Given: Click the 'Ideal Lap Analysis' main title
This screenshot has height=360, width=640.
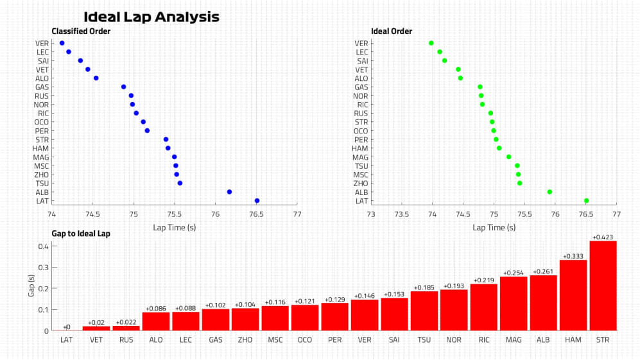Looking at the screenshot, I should [x=151, y=17].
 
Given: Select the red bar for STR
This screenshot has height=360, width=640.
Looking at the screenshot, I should [x=603, y=286].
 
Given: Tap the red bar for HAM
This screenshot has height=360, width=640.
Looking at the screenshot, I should [x=573, y=295].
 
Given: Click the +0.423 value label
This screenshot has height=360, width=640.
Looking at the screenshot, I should [x=603, y=237].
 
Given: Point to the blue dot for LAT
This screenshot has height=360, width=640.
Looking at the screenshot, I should [x=257, y=201].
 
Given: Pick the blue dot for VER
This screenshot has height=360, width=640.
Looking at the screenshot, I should [x=62, y=43].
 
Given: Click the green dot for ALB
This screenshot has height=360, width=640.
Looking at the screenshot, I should [x=549, y=192].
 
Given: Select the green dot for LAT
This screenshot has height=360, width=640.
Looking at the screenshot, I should [x=586, y=201].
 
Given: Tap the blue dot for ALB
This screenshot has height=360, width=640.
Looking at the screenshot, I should [x=229, y=192].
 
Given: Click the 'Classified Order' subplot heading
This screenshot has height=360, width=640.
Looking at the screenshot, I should [x=81, y=31].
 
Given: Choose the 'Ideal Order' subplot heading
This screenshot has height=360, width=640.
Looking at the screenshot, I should [x=392, y=31].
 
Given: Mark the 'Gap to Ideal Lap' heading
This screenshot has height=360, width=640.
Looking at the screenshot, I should [x=80, y=234].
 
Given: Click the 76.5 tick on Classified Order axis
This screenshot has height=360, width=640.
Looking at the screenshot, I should [x=256, y=214].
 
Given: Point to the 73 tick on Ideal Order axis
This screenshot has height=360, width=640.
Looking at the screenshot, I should [x=371, y=214].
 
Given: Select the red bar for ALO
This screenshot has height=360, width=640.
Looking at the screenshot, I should [x=156, y=321].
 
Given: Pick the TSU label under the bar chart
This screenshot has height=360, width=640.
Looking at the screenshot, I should [x=424, y=339].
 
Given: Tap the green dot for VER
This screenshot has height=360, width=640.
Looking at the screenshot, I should [x=431, y=43].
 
